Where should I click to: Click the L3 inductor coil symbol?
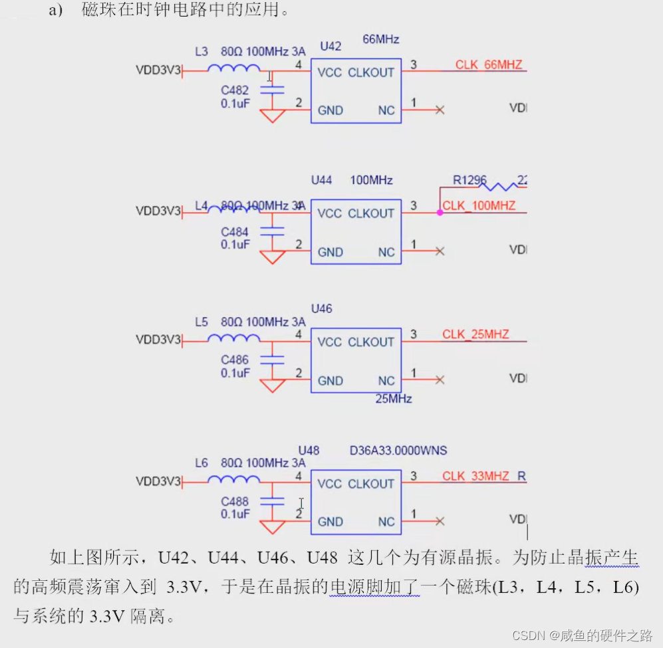point(233,68)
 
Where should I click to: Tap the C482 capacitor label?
point(235,90)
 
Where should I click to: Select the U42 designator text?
point(331,46)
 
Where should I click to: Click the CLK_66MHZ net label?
point(489,64)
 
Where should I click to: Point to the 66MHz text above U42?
point(381,39)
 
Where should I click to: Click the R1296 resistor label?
point(469,180)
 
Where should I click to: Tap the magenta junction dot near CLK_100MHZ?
point(440,213)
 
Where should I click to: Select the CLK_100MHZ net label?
point(479,206)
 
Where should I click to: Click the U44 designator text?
point(321,180)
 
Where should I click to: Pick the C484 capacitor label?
point(235,232)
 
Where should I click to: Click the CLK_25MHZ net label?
point(475,334)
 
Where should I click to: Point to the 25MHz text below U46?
point(394,399)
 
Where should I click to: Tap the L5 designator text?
point(201,322)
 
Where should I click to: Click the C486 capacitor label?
point(235,360)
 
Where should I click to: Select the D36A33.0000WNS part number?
point(398,451)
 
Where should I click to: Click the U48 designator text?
point(309,451)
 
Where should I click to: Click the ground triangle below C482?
point(273,116)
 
